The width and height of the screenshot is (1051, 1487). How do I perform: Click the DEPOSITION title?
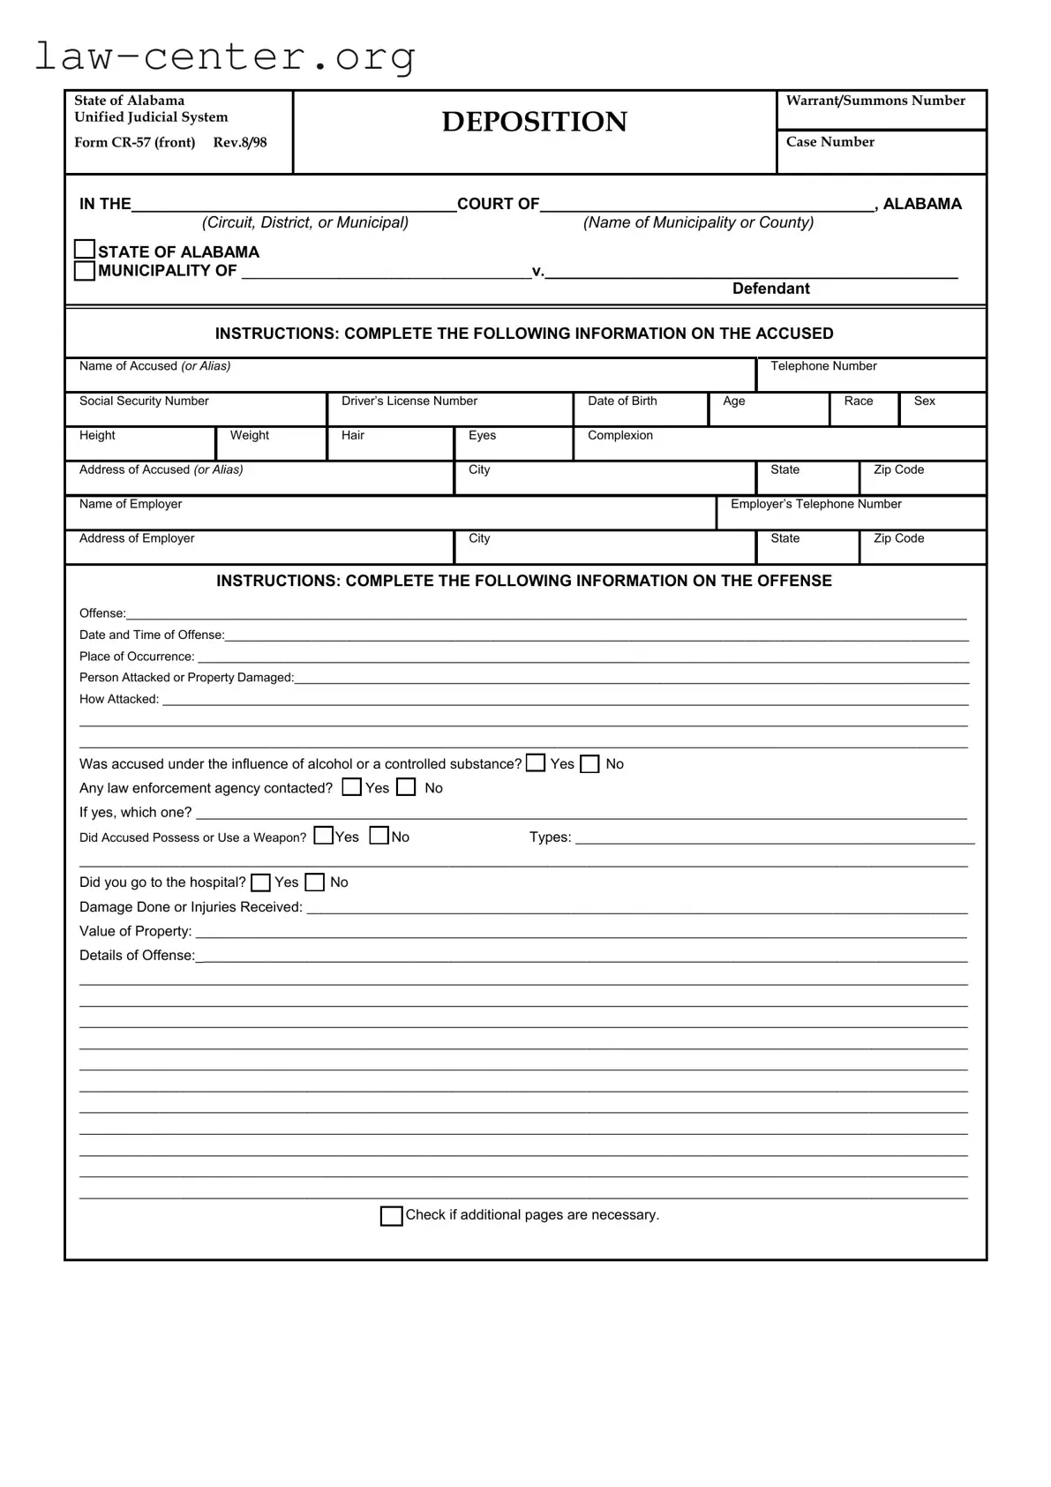534,122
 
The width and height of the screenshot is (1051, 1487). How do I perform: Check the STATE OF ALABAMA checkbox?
85,250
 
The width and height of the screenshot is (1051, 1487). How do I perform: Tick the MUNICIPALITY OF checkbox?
85,271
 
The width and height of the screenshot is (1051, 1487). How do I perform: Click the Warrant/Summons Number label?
875,101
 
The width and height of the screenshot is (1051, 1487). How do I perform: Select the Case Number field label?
830,142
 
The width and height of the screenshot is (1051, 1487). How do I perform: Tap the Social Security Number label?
144,402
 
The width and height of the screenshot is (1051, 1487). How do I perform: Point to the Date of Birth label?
622,402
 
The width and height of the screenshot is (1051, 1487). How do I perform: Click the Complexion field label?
619,436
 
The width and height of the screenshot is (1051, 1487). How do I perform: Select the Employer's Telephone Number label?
815,505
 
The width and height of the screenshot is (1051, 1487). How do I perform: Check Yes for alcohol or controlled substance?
536,763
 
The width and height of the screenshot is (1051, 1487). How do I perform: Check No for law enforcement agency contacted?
406,787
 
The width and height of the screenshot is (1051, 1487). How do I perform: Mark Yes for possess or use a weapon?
324,836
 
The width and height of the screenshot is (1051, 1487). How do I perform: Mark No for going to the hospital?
315,882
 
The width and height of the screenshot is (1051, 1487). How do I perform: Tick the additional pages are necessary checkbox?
391,1216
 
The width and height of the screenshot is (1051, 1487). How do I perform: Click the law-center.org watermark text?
225,56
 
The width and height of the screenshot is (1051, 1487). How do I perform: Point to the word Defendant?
770,289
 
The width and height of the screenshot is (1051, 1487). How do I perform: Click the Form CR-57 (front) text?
135,143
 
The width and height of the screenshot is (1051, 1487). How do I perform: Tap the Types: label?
550,837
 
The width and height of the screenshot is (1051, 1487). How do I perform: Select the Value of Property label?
135,932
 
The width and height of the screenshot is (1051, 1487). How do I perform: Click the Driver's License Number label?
409,402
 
